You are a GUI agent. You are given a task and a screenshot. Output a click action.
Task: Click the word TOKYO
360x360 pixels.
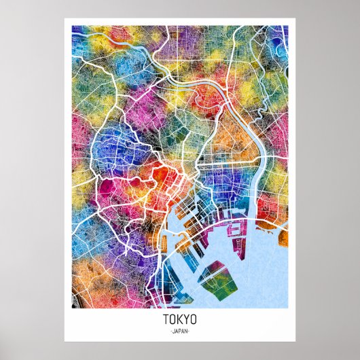[x=180, y=319]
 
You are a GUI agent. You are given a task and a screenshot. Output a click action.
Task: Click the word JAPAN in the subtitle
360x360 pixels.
[x=180, y=331]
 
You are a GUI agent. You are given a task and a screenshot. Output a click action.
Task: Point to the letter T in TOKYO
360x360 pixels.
[x=166, y=319]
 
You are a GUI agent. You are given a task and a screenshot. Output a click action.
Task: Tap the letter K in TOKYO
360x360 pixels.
[x=180, y=319]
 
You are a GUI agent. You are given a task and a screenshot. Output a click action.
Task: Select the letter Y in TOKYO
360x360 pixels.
[x=187, y=319]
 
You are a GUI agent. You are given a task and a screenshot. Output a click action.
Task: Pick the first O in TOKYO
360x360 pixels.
[x=173, y=319]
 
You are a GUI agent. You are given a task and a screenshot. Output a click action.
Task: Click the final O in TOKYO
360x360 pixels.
[x=194, y=319]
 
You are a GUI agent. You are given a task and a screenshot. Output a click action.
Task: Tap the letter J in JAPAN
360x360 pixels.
[x=173, y=331]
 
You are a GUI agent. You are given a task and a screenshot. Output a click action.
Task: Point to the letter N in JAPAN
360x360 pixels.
[x=187, y=331]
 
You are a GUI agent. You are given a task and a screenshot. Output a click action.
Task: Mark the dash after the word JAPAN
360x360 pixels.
[x=191, y=331]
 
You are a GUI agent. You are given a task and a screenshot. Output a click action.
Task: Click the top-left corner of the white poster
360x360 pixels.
[x=65, y=19]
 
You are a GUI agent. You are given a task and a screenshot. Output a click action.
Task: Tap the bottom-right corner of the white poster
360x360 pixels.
[x=295, y=341]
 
